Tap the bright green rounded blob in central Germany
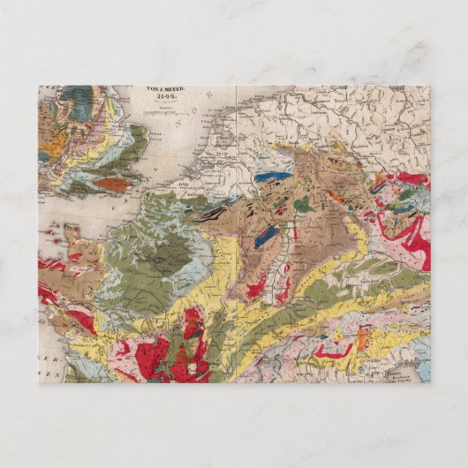[303, 205]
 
